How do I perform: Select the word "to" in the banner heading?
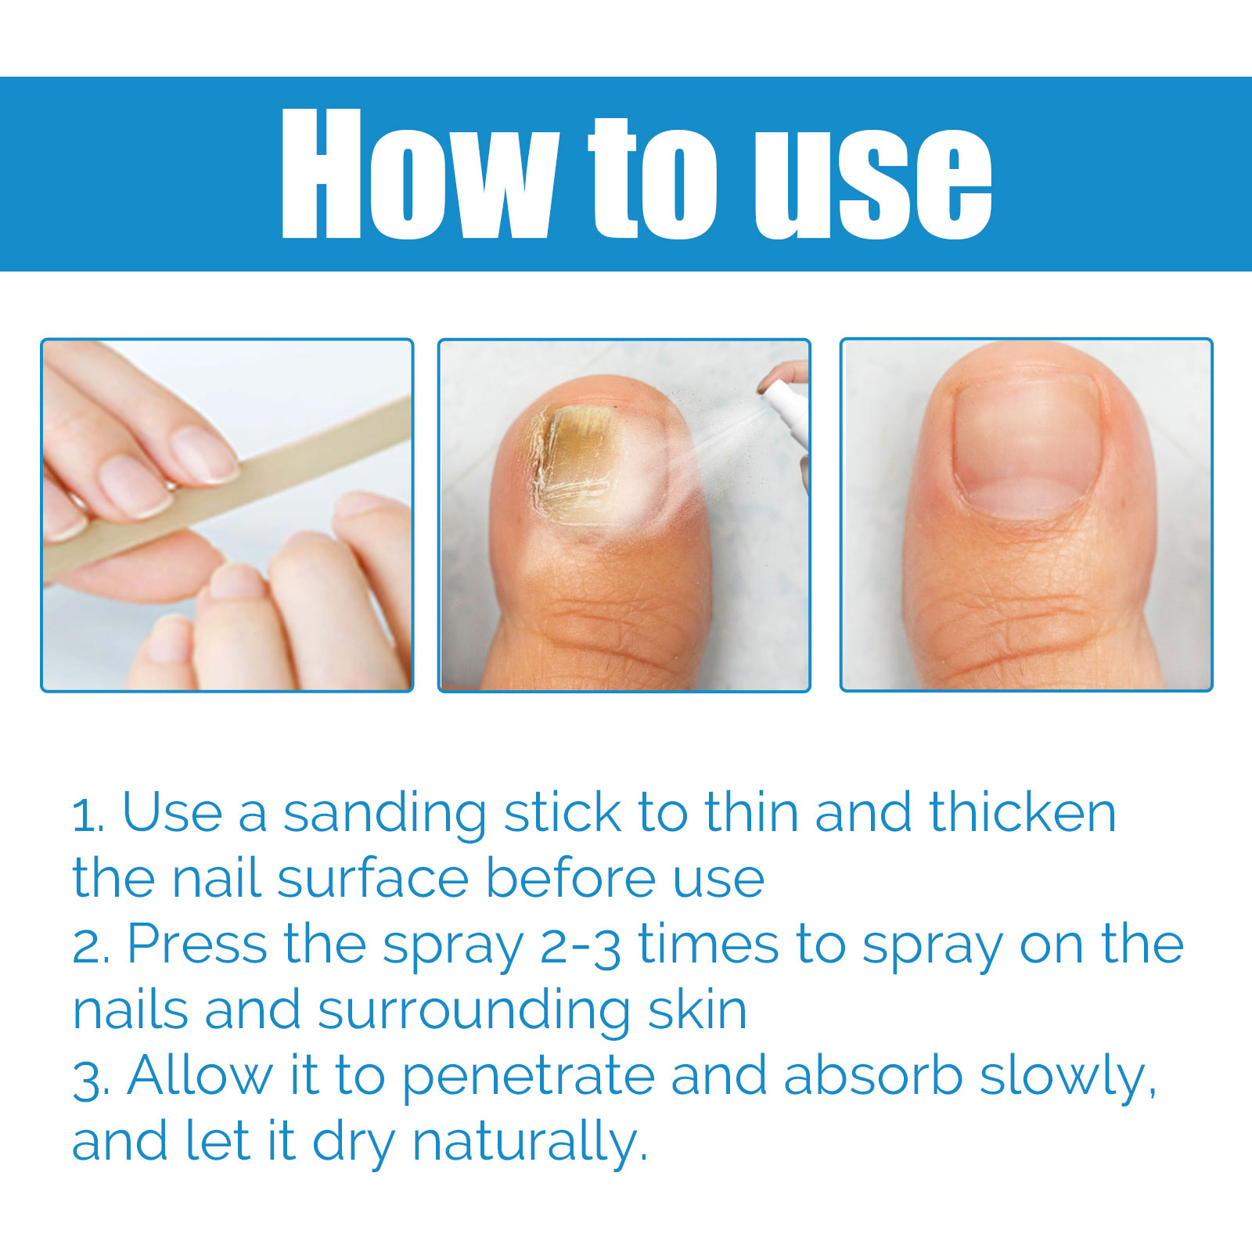click(654, 179)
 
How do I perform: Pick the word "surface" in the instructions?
click(372, 879)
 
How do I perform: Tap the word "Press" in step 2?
click(196, 944)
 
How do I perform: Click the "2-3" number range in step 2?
click(581, 946)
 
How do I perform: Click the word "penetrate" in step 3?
click(528, 1079)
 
